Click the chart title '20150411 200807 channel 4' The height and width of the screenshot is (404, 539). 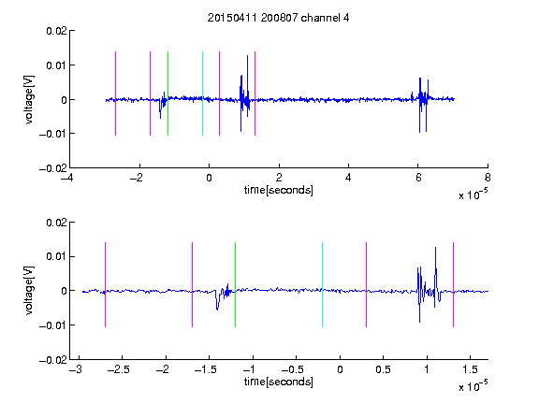(278, 18)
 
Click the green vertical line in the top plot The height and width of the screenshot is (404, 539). (168, 94)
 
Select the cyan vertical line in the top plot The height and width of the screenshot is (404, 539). (202, 94)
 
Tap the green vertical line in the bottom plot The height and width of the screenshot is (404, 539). (235, 284)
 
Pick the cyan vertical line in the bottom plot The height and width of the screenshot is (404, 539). (322, 284)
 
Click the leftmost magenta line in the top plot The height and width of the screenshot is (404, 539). (115, 94)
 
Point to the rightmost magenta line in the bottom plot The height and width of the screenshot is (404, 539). (453, 284)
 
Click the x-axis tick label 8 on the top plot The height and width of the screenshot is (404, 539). (488, 178)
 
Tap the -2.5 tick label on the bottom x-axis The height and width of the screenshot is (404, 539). (119, 369)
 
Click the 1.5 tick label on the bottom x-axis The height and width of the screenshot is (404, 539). (470, 369)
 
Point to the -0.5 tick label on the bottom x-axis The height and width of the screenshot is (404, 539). (293, 369)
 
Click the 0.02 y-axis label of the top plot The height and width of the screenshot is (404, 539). (56, 31)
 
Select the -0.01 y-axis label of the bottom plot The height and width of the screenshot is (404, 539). (53, 325)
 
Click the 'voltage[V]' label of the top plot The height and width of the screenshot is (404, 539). (30, 100)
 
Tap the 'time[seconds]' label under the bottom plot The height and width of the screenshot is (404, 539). (279, 382)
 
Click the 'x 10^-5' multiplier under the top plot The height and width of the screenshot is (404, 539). (473, 195)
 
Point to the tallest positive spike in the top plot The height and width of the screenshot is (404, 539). (247, 57)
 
